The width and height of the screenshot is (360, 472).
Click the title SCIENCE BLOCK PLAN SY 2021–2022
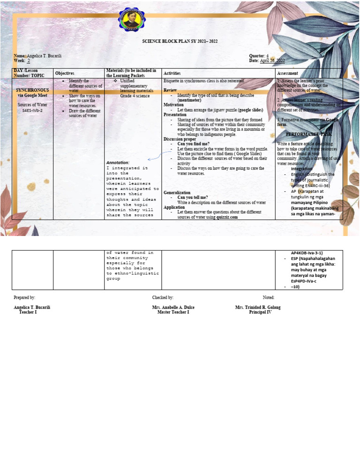point(180,41)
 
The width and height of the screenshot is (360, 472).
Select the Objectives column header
point(65,74)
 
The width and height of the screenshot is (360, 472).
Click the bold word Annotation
point(118,162)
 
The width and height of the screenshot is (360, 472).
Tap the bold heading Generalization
point(177,192)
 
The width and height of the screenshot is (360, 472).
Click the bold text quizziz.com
point(227,217)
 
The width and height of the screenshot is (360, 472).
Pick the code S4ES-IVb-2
point(32,110)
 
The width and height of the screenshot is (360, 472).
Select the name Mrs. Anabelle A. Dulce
point(173,307)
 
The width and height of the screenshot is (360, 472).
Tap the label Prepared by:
point(24,297)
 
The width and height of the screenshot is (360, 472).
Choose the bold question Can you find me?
point(193,144)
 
